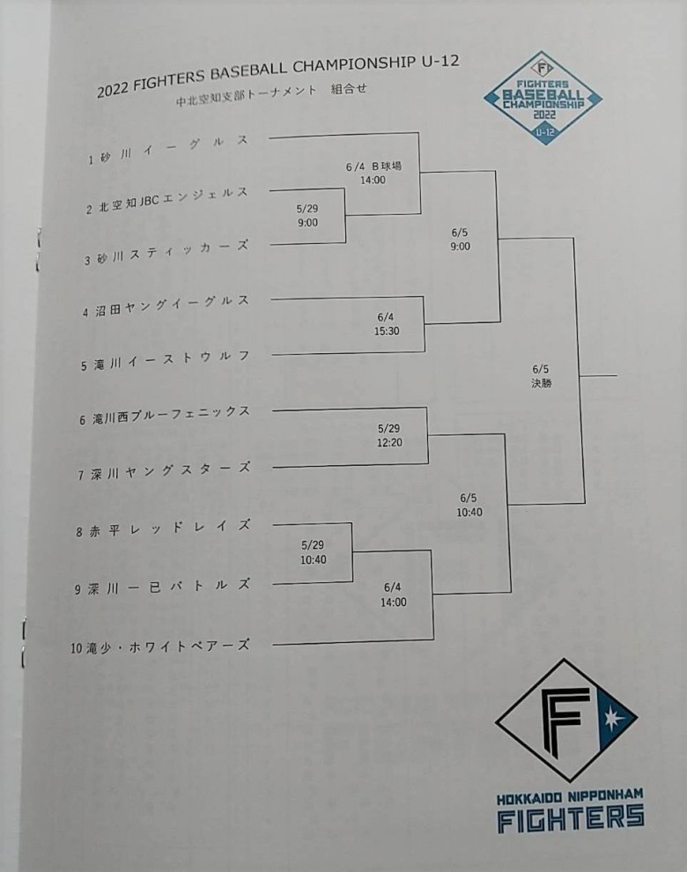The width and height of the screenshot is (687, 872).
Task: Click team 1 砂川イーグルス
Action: pyautogui.click(x=168, y=150)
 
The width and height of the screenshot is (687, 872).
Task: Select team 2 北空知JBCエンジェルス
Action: pyautogui.click(x=166, y=201)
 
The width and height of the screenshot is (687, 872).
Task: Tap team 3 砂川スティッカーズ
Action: pyautogui.click(x=166, y=253)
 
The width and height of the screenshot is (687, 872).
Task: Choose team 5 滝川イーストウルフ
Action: pyautogui.click(x=165, y=360)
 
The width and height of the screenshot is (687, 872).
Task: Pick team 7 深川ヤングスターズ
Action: pyautogui.click(x=164, y=471)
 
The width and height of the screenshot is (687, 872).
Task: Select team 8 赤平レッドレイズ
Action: pyautogui.click(x=163, y=528)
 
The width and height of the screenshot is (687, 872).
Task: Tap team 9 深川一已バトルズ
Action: pyautogui.click(x=162, y=587)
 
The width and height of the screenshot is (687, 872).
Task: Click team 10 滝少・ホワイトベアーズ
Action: pyautogui.click(x=160, y=647)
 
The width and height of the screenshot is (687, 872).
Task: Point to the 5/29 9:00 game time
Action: pyautogui.click(x=307, y=216)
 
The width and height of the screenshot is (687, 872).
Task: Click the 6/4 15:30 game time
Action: pyautogui.click(x=387, y=324)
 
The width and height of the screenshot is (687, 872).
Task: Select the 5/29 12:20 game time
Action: pyautogui.click(x=389, y=435)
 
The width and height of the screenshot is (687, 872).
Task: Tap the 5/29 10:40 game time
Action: pyautogui.click(x=314, y=552)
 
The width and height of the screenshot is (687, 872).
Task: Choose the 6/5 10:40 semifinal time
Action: pyautogui.click(x=469, y=505)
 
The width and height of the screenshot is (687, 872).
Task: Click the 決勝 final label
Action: pyautogui.click(x=542, y=383)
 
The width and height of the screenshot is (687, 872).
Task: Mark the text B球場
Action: pyautogui.click(x=387, y=166)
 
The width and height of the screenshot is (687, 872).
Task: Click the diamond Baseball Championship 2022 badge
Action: pyautogui.click(x=543, y=99)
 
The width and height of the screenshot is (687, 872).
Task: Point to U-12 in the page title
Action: pyautogui.click(x=440, y=63)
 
